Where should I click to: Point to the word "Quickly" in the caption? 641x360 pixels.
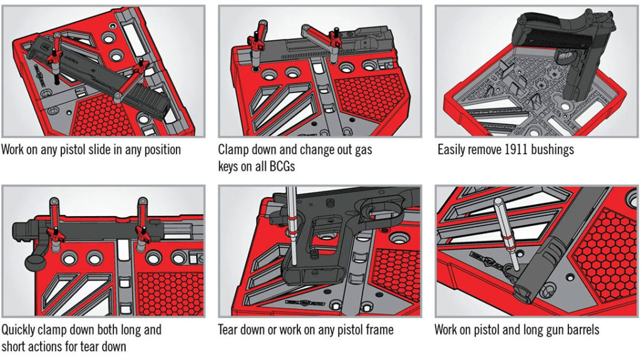pyautogui.click(x=20, y=329)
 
